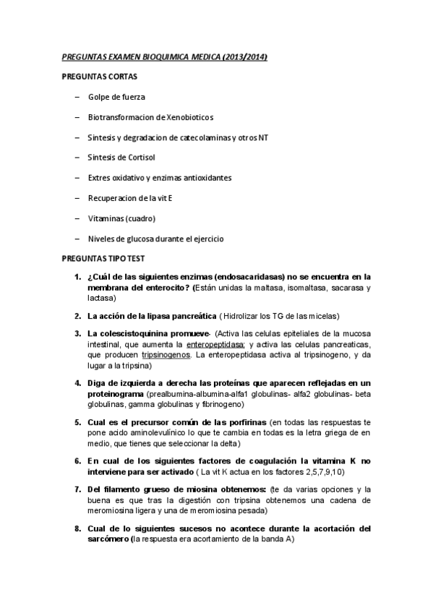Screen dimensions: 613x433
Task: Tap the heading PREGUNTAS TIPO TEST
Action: pyautogui.click(x=103, y=258)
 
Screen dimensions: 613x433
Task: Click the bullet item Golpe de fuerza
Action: pyautogui.click(x=116, y=96)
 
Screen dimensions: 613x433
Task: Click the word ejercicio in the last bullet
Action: pyautogui.click(x=207, y=238)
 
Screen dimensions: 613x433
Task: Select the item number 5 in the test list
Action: pyautogui.click(x=77, y=421)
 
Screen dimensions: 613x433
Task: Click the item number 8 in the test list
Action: pyautogui.click(x=77, y=528)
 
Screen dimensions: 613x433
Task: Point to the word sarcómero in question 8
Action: pyautogui.click(x=109, y=539)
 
